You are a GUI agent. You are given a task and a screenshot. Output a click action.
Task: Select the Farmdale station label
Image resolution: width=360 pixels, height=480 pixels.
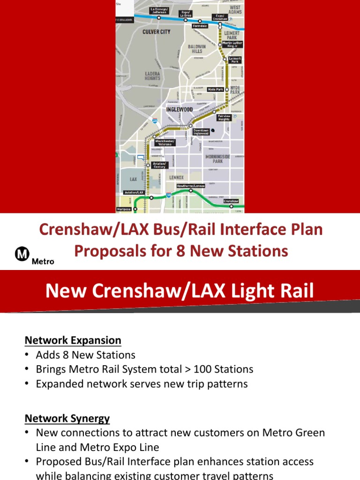tap(200, 26)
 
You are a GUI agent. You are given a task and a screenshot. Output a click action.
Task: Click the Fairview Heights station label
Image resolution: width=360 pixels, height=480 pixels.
tap(224, 118)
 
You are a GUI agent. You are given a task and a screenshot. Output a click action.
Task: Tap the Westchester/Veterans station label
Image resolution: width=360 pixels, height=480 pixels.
tap(165, 142)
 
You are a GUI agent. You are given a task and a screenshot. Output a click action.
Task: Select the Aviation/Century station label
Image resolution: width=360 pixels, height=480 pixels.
tap(159, 165)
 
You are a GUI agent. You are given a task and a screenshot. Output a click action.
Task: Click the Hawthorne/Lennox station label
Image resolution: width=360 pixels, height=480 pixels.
tap(191, 186)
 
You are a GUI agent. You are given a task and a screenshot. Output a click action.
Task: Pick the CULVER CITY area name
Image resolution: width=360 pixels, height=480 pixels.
tap(156, 32)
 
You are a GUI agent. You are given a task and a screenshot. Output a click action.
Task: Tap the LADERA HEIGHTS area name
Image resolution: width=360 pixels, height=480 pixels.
tap(152, 76)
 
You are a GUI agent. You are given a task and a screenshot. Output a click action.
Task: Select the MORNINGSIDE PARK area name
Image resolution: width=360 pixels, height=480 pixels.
tap(218, 158)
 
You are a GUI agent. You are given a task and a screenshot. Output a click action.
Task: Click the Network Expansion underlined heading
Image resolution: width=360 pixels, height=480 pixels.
tap(73, 340)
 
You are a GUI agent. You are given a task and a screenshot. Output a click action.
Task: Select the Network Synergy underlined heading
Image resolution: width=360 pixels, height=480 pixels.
tap(67, 418)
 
